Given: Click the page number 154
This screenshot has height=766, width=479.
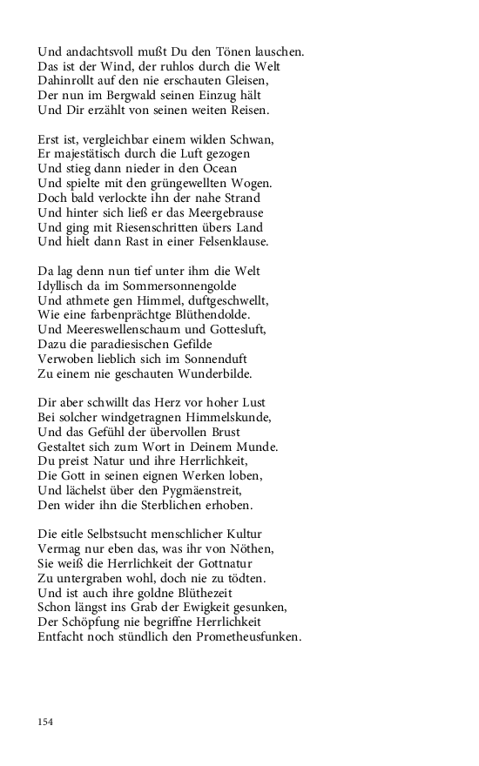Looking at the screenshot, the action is point(45,721).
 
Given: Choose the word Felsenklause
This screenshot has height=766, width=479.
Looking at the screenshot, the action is point(230,242).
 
